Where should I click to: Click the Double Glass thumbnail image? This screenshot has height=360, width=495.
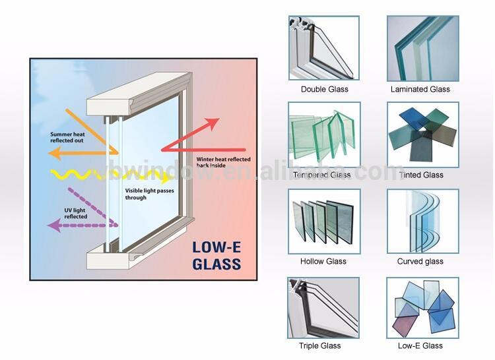324,48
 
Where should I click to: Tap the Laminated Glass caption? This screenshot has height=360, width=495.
420,89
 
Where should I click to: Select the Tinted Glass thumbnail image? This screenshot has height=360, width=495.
420,135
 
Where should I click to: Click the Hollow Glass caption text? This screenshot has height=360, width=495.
323,261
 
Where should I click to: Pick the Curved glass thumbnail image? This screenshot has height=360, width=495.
420,222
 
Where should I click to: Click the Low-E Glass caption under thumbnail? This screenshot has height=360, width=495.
420,345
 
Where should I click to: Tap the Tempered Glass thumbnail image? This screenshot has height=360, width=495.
324,135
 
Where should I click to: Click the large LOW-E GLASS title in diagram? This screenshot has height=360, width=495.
216,256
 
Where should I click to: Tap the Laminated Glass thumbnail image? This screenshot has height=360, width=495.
420,48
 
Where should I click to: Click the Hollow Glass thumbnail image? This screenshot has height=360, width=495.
324,222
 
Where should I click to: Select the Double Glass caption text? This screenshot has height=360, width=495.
324,89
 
